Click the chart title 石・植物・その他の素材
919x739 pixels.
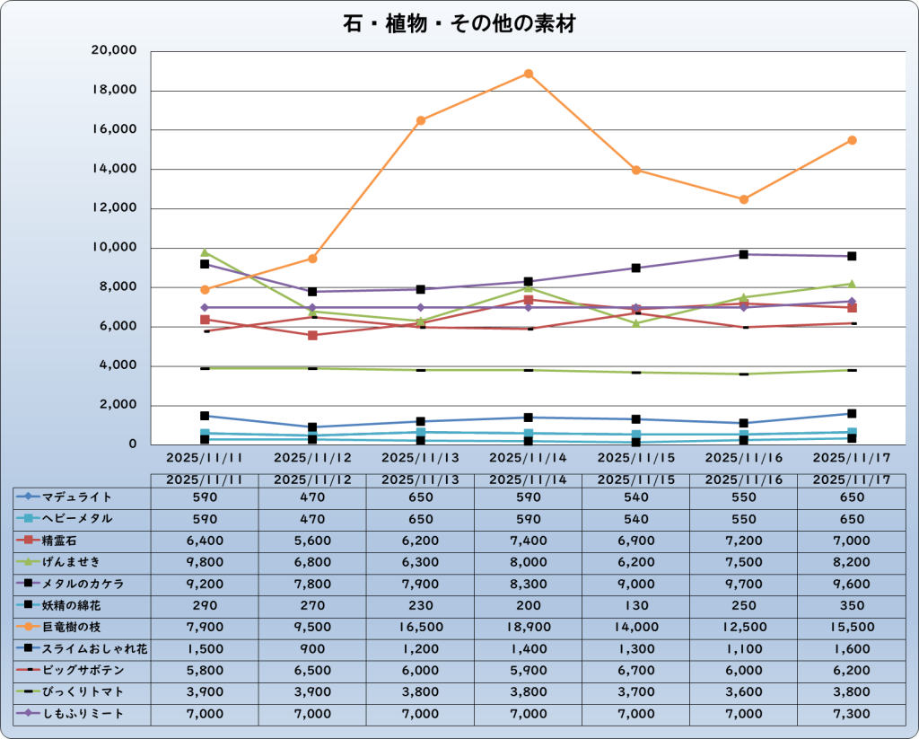click(x=459, y=24)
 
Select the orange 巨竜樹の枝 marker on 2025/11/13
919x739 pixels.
click(x=421, y=120)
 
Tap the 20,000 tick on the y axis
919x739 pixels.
click(x=113, y=51)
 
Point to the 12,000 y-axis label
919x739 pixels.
click(x=113, y=208)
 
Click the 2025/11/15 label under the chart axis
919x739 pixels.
click(x=636, y=456)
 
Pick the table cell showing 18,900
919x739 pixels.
click(x=529, y=627)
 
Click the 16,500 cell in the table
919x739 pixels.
click(x=421, y=627)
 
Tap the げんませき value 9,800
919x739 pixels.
click(x=205, y=562)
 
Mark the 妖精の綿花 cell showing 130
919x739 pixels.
click(x=636, y=605)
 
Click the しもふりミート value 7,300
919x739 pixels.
click(x=852, y=714)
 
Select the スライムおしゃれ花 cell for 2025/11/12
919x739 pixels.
click(x=312, y=648)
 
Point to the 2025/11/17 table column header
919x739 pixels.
click(x=852, y=479)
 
